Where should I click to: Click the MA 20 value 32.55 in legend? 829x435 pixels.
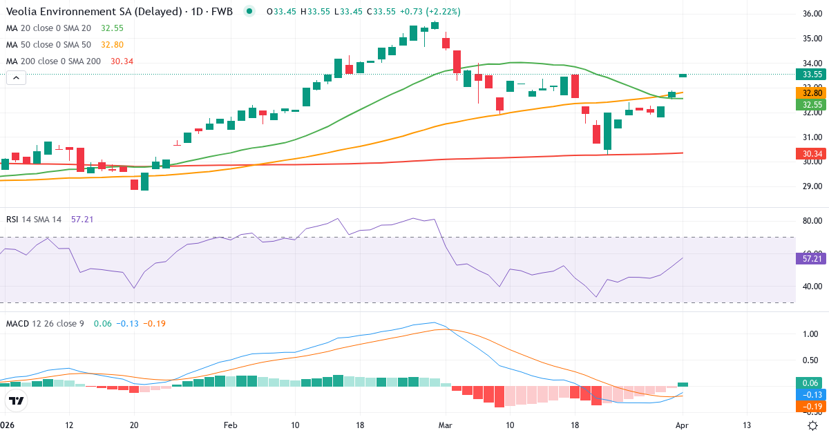pyautogui.click(x=112, y=28)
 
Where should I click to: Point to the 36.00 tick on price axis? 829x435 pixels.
pyautogui.click(x=808, y=14)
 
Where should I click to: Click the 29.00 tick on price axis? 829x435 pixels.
pyautogui.click(x=808, y=186)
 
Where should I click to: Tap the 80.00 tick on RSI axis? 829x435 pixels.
pyautogui.click(x=808, y=221)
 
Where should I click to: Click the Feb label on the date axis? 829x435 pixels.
pyautogui.click(x=231, y=425)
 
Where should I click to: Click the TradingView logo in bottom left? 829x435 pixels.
pyautogui.click(x=16, y=400)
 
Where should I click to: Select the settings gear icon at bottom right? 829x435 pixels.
pyautogui.click(x=813, y=425)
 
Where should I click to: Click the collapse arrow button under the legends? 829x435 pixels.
pyautogui.click(x=17, y=78)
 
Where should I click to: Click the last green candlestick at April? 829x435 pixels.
pyautogui.click(x=683, y=75)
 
